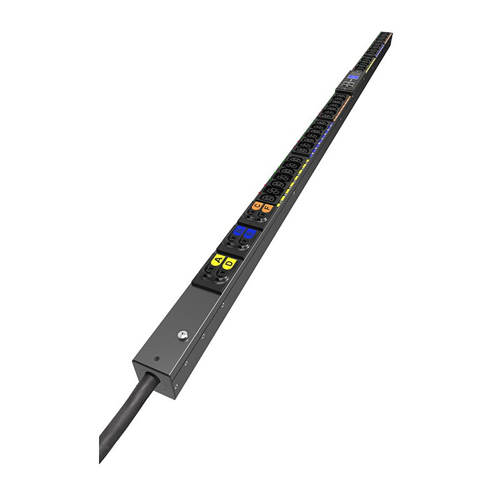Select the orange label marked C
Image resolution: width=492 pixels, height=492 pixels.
coord(257,205)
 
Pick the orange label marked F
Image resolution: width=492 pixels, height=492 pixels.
coord(267,208)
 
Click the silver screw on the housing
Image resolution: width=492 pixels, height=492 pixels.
coord(182,336)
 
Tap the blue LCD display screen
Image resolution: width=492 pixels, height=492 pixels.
coord(353,77)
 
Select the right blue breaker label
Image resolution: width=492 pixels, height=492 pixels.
coord(248,234)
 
